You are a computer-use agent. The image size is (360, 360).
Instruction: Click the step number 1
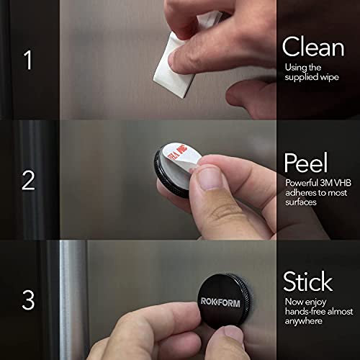point(28,60)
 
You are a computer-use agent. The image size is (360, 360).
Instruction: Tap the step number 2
point(28,180)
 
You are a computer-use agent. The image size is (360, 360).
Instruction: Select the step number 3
point(28,300)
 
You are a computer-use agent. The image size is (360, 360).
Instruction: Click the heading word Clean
point(313,47)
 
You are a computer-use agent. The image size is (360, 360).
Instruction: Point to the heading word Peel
point(306,162)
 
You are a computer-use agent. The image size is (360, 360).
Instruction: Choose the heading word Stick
point(308,281)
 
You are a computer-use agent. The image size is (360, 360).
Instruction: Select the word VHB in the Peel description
point(343,183)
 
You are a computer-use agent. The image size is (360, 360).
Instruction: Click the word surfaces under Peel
point(301,202)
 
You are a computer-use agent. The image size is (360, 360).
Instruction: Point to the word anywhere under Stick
point(304,321)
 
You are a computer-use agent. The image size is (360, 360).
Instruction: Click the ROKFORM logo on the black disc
point(220,302)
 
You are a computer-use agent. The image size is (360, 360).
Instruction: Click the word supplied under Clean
point(300,77)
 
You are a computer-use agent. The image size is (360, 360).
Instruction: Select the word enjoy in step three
point(315,302)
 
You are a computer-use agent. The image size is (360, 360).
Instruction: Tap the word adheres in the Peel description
point(300,192)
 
